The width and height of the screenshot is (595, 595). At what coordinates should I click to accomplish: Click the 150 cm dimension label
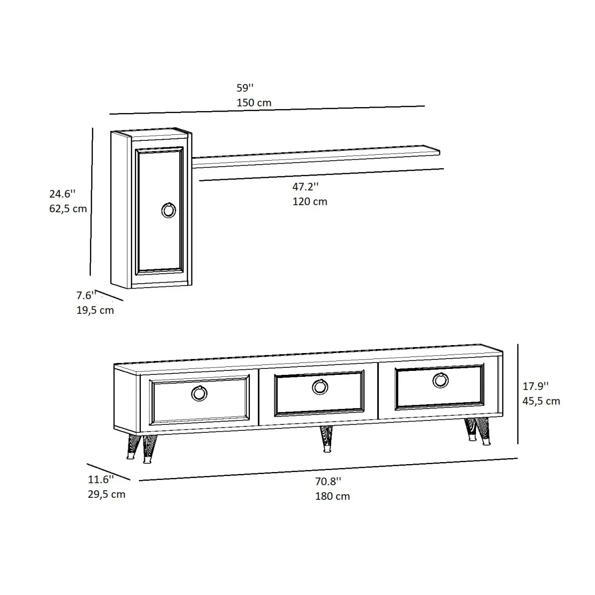[x=254, y=103]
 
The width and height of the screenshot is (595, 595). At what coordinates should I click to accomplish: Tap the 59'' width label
[x=245, y=88]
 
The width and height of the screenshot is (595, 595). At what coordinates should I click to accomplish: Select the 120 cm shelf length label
[x=310, y=201]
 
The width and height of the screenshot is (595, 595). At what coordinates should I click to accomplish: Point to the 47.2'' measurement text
[x=305, y=187]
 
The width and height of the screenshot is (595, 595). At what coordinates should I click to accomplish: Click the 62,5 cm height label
[x=68, y=209]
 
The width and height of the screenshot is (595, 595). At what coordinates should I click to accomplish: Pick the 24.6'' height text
[x=62, y=194]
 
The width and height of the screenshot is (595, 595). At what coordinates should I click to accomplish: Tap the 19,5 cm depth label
[x=95, y=310]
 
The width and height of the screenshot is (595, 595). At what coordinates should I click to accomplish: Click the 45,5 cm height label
[x=541, y=401]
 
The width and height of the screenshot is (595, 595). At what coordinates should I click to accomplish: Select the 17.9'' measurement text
[x=536, y=386]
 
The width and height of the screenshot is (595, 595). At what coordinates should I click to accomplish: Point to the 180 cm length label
[x=333, y=496]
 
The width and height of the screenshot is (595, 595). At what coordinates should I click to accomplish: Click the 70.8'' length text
[x=328, y=481]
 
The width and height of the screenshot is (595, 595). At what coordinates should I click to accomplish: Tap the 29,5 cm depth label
[x=107, y=494]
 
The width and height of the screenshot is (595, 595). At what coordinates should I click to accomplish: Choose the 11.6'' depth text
[x=101, y=479]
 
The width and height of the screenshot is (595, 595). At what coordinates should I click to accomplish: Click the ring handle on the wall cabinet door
[x=169, y=210]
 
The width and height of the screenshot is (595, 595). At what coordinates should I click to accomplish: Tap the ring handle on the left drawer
[x=199, y=393]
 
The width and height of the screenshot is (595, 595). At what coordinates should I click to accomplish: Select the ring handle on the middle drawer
[x=320, y=387]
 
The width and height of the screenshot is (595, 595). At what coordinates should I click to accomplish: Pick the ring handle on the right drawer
[x=440, y=380]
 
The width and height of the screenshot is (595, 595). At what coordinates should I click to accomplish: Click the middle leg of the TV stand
[x=326, y=438]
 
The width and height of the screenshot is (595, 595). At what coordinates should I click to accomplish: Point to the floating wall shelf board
[x=317, y=154]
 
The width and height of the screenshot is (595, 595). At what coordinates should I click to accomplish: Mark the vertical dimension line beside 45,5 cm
[x=518, y=394]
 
